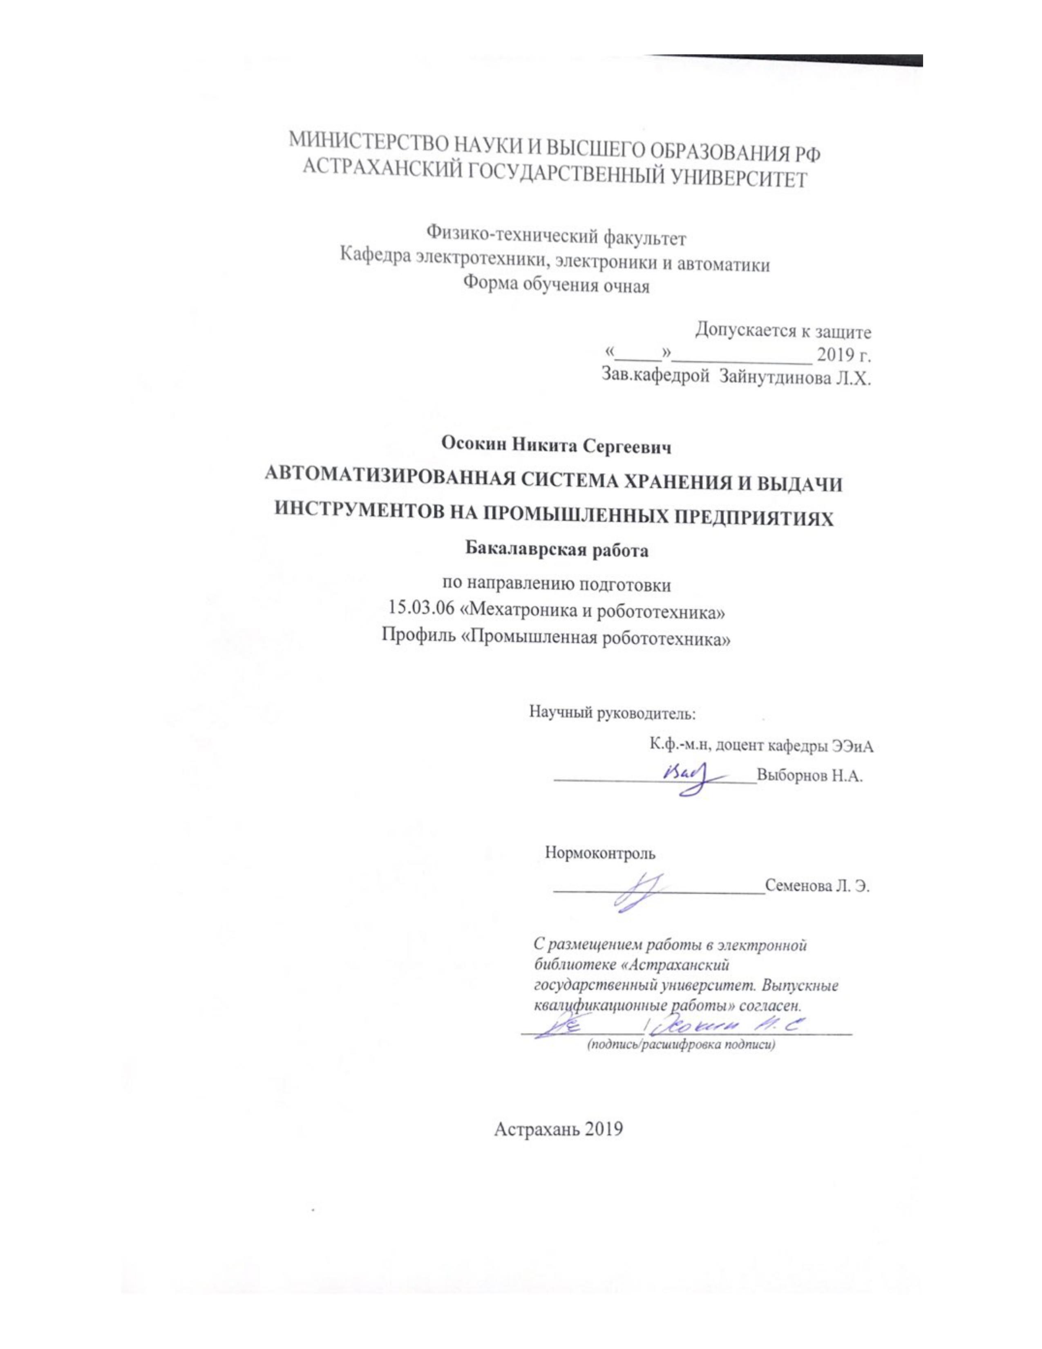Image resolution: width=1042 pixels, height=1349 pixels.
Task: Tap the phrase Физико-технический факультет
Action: click(x=556, y=237)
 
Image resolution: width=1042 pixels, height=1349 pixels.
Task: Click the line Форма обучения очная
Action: click(x=556, y=286)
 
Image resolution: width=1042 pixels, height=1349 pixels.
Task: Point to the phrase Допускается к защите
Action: click(x=783, y=332)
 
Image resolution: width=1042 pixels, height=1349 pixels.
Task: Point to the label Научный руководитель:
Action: click(x=612, y=713)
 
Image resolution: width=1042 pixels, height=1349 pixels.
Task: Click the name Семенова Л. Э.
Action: click(x=817, y=886)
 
